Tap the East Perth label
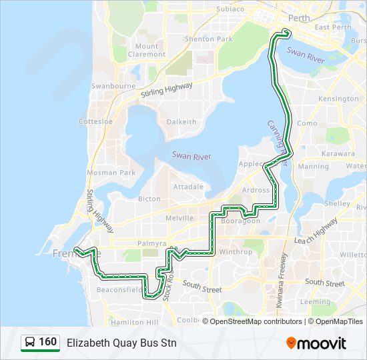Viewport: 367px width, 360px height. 332,27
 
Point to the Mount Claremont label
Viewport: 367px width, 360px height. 145,50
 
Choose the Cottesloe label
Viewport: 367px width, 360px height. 95,122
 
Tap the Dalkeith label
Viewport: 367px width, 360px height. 181,122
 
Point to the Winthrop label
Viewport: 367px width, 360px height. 236,252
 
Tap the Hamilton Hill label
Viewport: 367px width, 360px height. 133,322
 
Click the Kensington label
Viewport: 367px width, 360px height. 338,99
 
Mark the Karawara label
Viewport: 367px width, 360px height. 338,153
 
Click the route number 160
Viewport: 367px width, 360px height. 47,342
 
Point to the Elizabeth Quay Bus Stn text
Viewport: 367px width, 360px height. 121,343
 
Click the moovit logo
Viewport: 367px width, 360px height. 316,343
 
